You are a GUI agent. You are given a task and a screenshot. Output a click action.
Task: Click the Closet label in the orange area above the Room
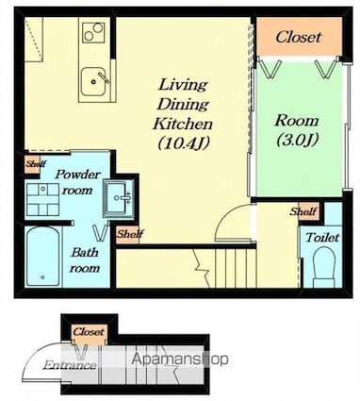pos(299,37)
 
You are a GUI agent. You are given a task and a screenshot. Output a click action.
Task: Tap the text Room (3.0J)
pos(297,130)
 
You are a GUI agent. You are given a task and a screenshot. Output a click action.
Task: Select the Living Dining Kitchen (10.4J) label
pos(183,114)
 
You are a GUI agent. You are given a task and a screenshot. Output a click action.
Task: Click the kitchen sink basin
pos(93,82)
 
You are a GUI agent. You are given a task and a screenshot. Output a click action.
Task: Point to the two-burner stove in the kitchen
pos(93,32)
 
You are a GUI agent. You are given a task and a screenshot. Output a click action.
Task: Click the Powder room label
pos(77,182)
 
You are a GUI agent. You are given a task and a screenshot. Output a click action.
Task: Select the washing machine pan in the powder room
pos(42,199)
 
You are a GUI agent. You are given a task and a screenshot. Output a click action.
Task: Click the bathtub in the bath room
pos(43,256)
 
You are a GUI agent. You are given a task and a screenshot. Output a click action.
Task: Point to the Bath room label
pos(84,259)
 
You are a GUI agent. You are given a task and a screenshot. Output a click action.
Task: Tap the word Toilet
pos(322,237)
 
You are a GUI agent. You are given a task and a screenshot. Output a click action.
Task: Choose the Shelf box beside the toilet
pos(304,211)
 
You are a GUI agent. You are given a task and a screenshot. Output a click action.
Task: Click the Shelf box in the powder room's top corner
pos(33,164)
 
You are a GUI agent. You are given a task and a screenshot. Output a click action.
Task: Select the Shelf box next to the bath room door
pos(127,234)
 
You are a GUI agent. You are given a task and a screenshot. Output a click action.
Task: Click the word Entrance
pos(70,365)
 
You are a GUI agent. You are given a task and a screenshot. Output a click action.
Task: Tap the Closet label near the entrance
pos(89,331)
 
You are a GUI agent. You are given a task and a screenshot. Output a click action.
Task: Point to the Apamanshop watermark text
pos(180,359)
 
